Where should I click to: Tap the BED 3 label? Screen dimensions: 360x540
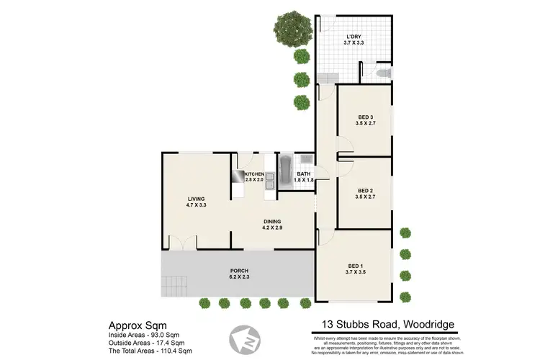366,117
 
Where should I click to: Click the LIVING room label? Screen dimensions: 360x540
197,199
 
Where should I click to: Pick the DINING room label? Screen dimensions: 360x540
271,222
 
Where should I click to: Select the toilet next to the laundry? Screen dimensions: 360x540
382,73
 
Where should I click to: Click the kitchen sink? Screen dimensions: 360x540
269,183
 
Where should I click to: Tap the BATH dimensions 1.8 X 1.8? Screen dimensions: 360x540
303,180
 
